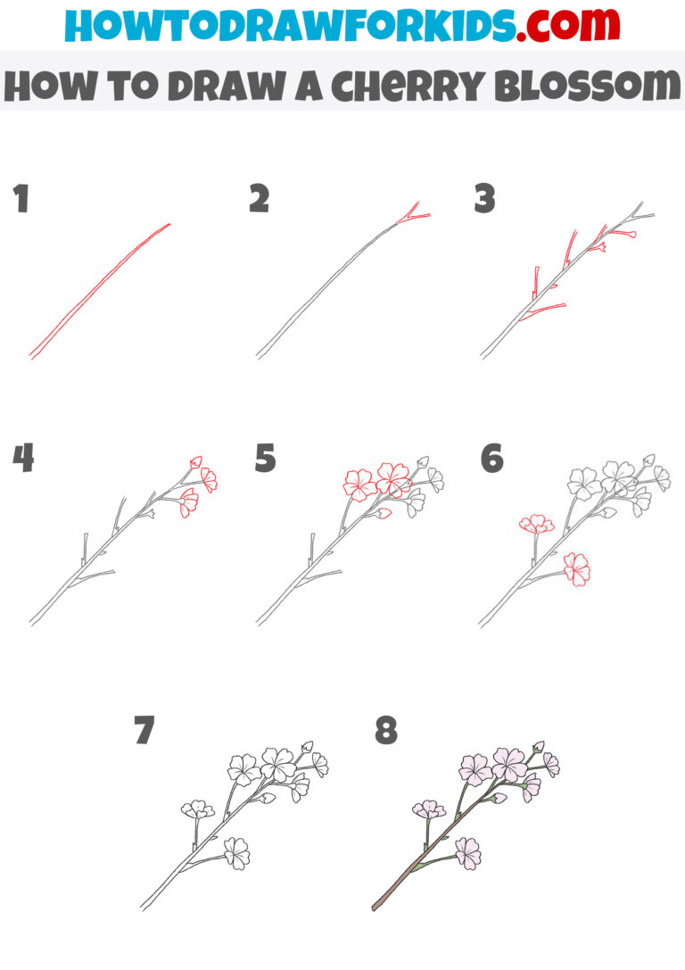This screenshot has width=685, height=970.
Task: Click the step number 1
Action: (x=21, y=199)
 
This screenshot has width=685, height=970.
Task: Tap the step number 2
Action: (x=259, y=199)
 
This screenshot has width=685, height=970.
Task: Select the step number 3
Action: (x=484, y=199)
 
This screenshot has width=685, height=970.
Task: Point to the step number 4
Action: (x=23, y=459)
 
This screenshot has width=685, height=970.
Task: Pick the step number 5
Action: (x=265, y=459)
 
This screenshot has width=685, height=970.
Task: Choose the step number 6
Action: (x=491, y=459)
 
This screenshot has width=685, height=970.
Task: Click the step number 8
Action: (x=385, y=730)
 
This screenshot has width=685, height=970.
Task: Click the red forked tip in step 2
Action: (x=413, y=214)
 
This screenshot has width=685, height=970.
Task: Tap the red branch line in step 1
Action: (x=98, y=290)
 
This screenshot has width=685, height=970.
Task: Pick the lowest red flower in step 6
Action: (x=576, y=568)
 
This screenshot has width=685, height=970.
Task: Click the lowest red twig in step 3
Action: (x=542, y=311)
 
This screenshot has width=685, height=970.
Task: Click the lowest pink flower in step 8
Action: (x=467, y=852)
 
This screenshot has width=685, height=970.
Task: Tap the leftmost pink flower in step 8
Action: (x=429, y=810)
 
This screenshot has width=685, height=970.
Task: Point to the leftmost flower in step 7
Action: (x=197, y=810)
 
